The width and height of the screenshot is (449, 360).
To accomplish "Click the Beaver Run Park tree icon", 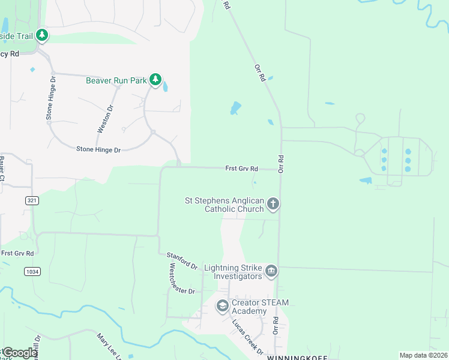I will (x=156, y=79).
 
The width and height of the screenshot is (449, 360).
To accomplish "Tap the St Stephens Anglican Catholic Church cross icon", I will (x=273, y=204).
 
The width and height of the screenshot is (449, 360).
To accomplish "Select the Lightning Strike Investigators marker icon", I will (x=271, y=272).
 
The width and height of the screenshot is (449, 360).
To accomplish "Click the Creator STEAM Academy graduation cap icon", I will (x=222, y=306).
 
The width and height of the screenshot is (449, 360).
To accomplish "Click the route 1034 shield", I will (x=32, y=272).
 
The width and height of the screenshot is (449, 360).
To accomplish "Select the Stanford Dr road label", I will (x=182, y=261).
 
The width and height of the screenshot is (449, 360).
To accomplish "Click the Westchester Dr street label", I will (x=182, y=278).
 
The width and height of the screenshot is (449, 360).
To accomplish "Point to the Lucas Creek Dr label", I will (x=248, y=337).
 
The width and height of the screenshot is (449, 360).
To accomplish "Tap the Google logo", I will (x=20, y=353).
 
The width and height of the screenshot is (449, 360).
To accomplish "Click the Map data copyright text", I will (x=423, y=355).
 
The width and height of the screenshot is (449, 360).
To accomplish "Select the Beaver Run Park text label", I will (x=116, y=80).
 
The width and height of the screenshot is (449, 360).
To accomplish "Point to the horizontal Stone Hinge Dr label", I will (x=98, y=149).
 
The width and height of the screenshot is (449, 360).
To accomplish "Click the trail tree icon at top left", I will (x=41, y=35).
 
